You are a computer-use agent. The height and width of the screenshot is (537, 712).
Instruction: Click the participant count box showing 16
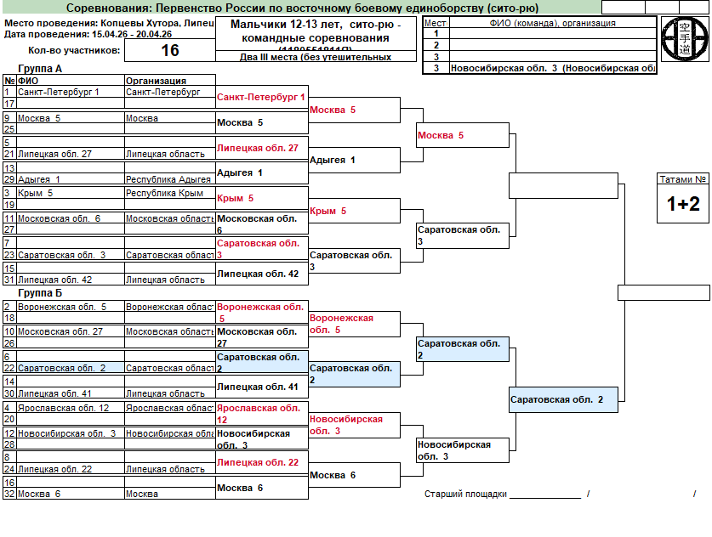[170, 50]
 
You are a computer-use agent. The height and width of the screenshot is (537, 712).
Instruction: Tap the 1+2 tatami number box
[683, 204]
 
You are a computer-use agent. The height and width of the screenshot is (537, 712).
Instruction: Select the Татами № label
[683, 179]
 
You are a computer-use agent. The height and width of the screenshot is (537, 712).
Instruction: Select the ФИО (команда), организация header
[552, 23]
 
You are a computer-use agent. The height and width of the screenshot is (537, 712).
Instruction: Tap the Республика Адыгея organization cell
[168, 179]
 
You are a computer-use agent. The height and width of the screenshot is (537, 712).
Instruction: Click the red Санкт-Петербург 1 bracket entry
[261, 98]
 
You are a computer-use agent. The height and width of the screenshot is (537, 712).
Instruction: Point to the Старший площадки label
[465, 494]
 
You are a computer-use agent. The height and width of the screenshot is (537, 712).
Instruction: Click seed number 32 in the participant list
[9, 494]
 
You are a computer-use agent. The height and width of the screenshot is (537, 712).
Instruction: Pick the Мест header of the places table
[436, 23]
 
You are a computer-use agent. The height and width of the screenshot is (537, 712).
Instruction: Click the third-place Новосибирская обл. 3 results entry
[552, 68]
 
